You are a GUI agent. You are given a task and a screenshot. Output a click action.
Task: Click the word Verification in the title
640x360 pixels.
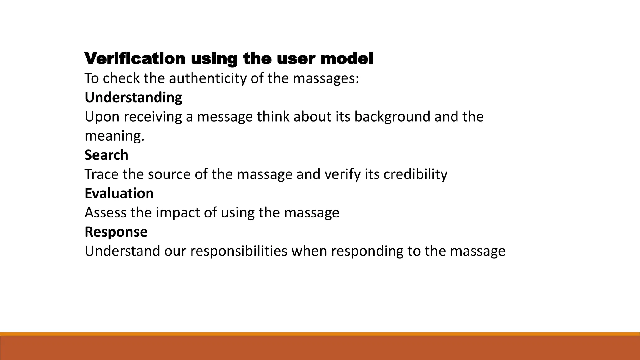click(135, 59)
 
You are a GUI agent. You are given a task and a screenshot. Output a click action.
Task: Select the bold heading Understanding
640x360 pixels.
click(133, 97)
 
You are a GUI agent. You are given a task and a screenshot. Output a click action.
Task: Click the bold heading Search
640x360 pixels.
click(106, 155)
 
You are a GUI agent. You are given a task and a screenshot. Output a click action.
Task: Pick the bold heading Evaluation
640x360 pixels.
click(119, 193)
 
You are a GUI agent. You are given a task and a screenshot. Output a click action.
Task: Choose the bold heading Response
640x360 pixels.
click(116, 232)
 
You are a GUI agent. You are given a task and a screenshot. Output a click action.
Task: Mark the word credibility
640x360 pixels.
click(415, 174)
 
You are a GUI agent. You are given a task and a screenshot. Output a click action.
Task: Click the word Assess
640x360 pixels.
click(105, 213)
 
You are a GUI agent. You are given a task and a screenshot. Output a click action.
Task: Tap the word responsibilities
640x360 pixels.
click(238, 251)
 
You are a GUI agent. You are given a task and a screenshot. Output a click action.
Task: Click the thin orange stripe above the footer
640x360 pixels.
click(320, 334)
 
